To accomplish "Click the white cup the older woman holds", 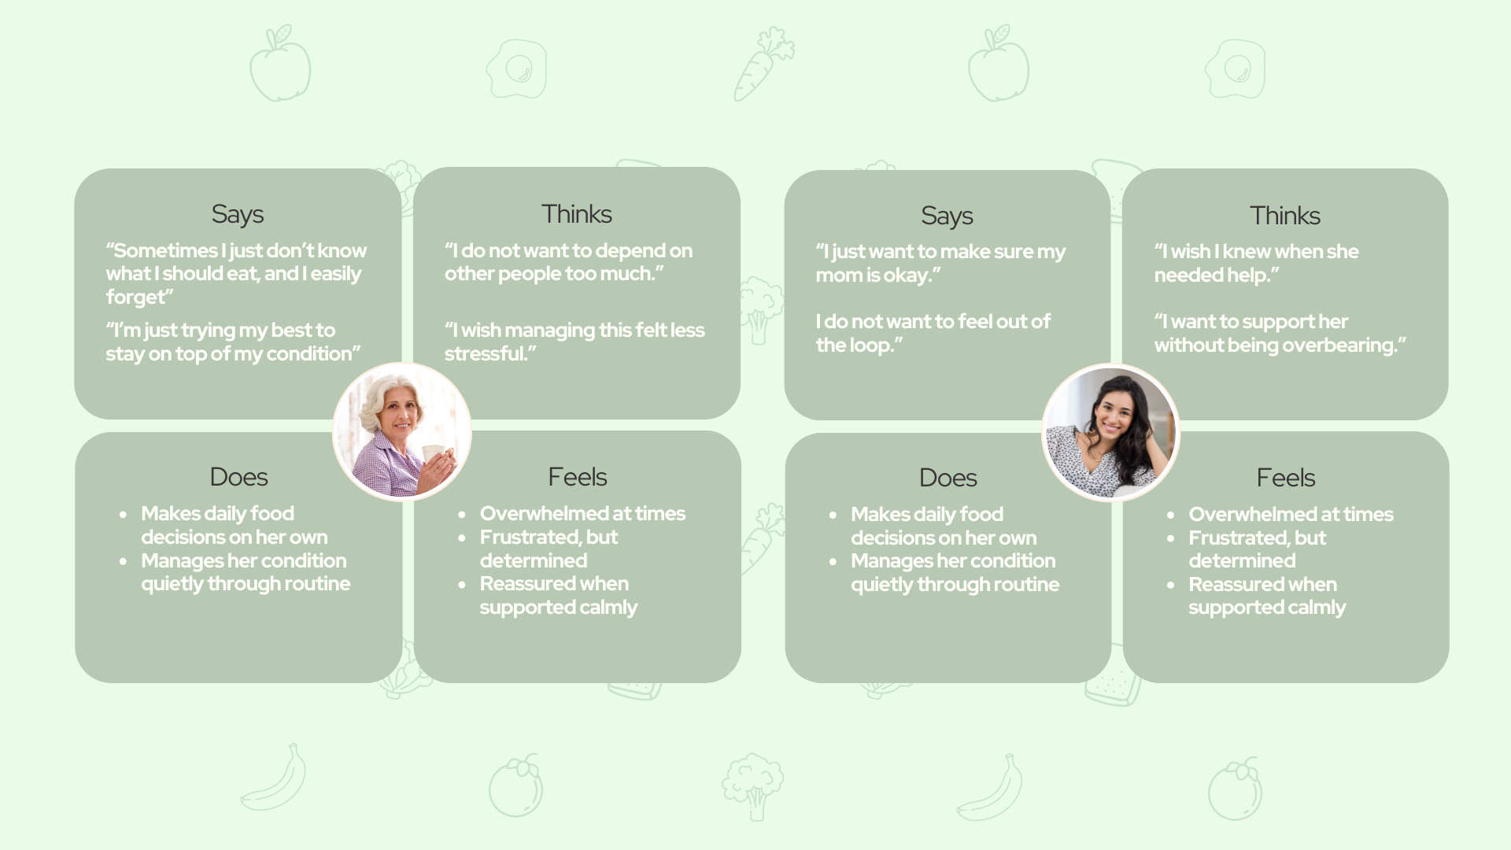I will [x=434, y=455].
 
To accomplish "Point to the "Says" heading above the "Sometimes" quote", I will [x=238, y=214].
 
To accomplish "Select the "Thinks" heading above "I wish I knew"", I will [x=1285, y=216].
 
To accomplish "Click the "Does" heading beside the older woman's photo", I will [x=238, y=477].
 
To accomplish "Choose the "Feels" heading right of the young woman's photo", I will [x=1286, y=478].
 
